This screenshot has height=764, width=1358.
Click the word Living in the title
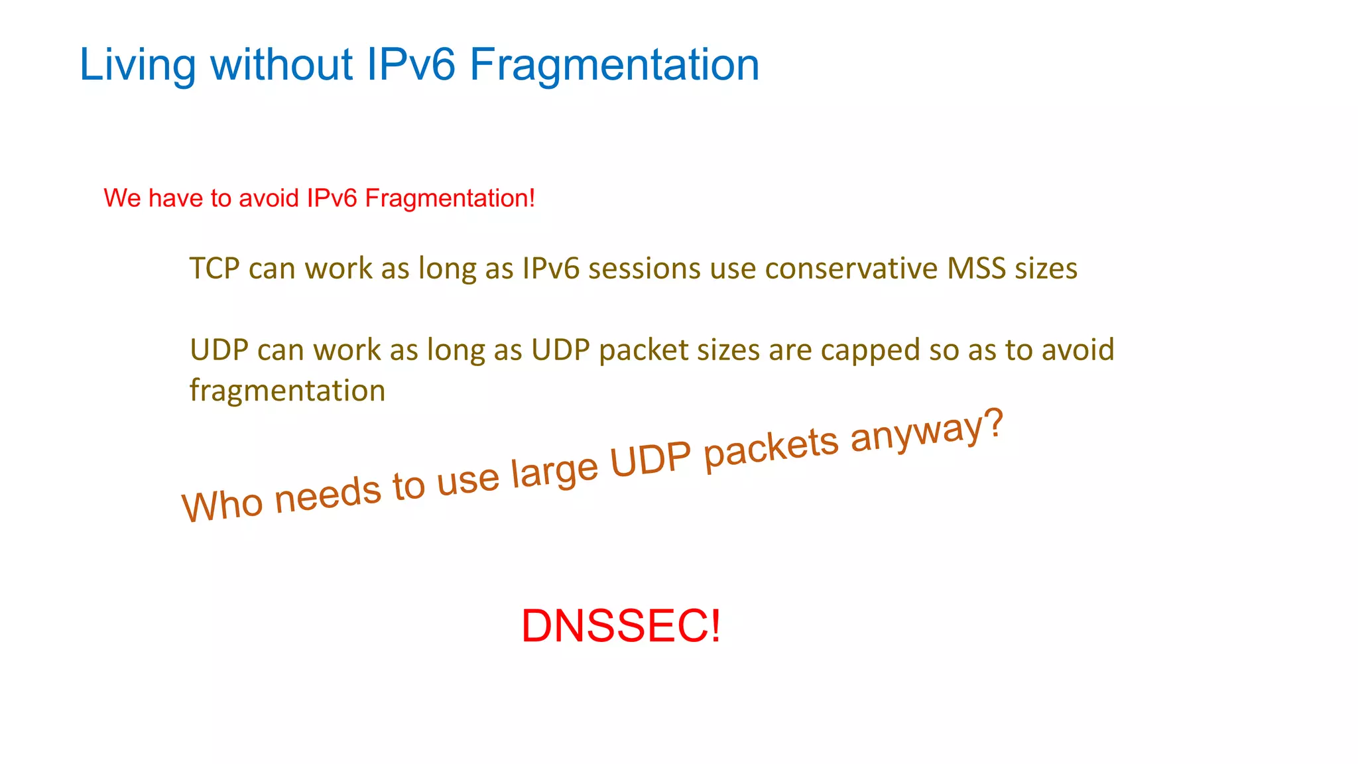(x=137, y=66)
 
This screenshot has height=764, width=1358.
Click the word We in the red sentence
(x=122, y=198)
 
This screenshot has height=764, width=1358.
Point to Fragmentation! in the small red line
(x=450, y=198)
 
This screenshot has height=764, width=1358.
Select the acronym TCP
(x=214, y=269)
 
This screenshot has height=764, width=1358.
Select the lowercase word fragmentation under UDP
(x=287, y=391)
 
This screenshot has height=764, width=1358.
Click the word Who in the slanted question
(x=222, y=506)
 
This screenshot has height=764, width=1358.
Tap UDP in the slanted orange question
(x=650, y=460)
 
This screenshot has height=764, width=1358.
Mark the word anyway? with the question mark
(x=926, y=430)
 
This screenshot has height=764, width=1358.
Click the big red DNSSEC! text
(x=620, y=626)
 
